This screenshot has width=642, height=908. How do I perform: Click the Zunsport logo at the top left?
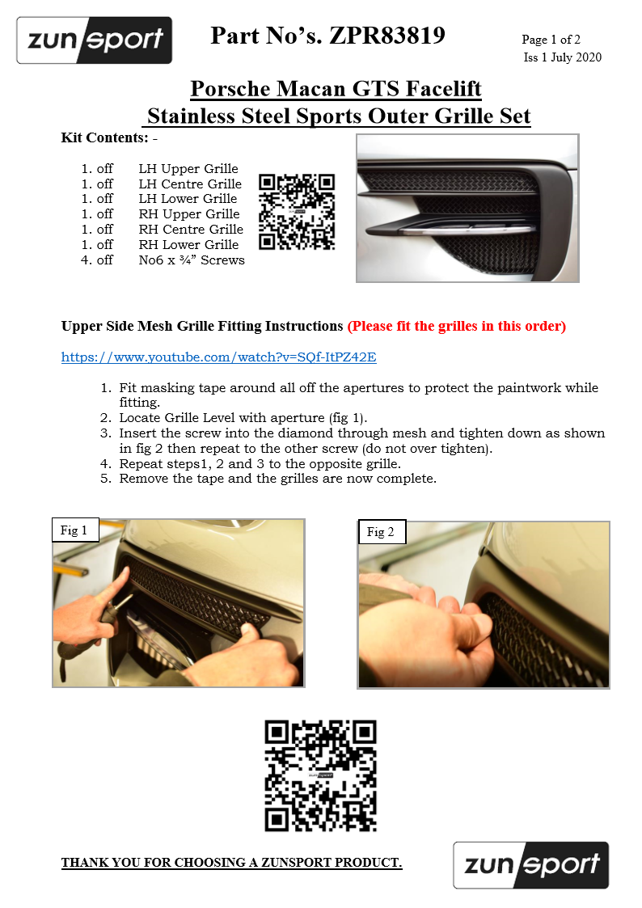click(94, 40)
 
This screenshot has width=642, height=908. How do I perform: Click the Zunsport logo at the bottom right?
click(530, 864)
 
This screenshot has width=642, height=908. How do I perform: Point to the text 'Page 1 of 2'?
click(551, 40)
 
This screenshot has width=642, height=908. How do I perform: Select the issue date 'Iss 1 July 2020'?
click(562, 57)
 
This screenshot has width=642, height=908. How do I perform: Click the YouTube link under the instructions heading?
click(218, 357)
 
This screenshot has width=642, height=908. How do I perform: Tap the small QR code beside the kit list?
click(296, 211)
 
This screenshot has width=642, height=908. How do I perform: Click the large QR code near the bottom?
click(320, 775)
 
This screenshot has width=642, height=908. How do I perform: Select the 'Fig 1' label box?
click(74, 530)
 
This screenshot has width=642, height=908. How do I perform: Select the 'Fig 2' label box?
click(381, 532)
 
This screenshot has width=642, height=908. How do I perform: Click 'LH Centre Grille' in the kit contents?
click(190, 184)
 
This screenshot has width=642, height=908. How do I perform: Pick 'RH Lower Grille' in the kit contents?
click(188, 245)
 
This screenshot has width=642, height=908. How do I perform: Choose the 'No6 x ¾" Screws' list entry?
click(192, 260)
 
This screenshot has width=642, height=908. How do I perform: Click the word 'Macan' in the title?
click(309, 88)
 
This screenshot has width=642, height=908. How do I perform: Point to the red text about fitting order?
click(456, 327)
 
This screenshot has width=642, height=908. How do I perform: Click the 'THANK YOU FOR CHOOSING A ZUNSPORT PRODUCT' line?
click(231, 863)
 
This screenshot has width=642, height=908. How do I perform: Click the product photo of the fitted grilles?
click(467, 208)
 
